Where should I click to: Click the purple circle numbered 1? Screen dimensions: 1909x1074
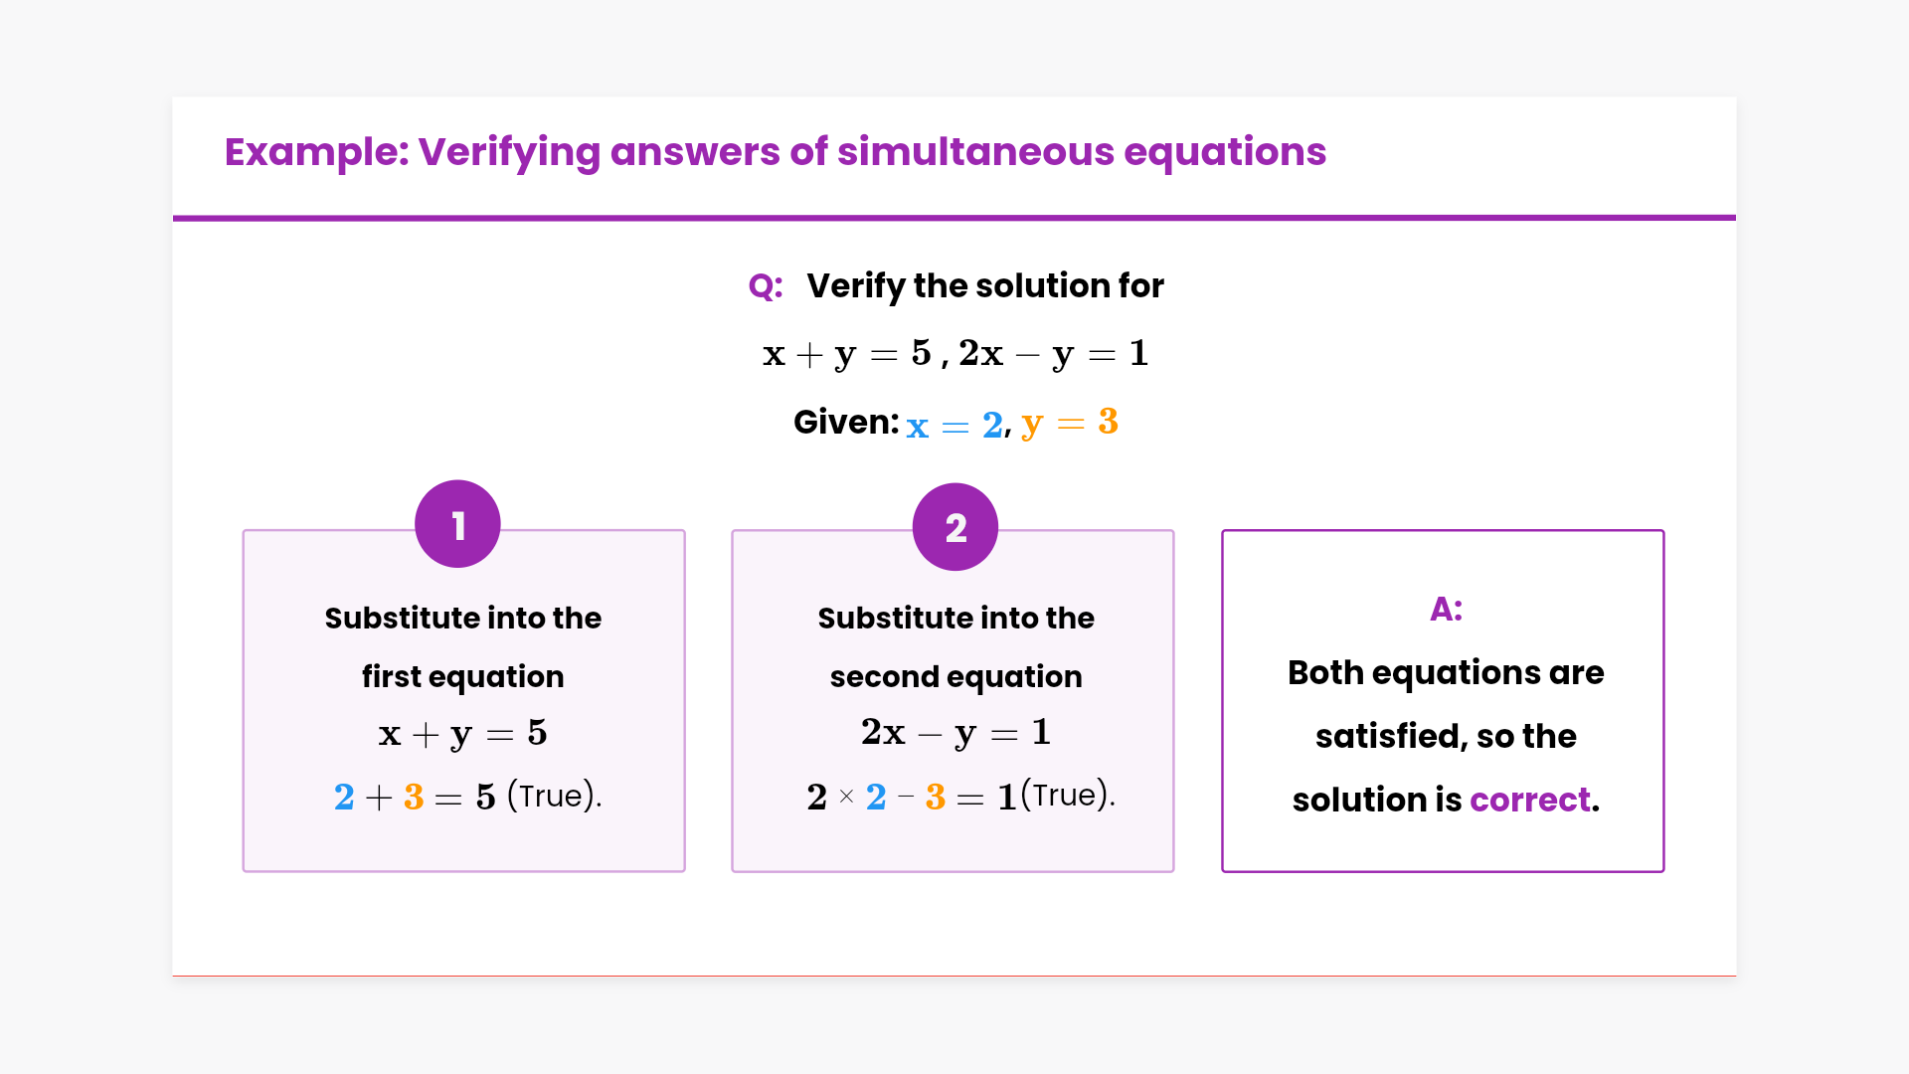[457, 524]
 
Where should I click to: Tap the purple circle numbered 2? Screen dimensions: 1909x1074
[955, 527]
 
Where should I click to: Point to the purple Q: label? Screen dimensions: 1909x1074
[766, 286]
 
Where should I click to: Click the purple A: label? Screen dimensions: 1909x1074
[1446, 609]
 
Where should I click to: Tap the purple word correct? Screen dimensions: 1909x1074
[1530, 800]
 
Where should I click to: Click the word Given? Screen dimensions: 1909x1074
[846, 422]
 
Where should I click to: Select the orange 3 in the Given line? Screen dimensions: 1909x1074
[1108, 422]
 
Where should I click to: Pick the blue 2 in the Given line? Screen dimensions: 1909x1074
[992, 425]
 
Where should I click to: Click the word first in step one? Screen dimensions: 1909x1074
[392, 676]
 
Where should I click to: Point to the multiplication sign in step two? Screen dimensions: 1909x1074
[846, 797]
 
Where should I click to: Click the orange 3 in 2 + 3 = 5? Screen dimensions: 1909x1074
[414, 797]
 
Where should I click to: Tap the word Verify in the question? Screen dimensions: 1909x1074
[855, 286]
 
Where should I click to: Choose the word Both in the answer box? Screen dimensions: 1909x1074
[1325, 672]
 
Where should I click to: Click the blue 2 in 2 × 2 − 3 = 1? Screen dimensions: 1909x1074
[876, 797]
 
